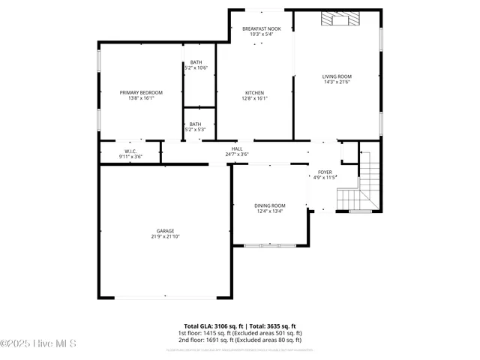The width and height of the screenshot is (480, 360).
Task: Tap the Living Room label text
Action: tap(337, 76)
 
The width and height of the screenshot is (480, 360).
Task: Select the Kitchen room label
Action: tap(254, 93)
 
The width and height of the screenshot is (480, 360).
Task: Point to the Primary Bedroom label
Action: tap(141, 92)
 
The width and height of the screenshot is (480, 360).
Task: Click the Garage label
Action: tap(165, 231)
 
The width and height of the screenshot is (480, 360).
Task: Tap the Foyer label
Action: tap(325, 172)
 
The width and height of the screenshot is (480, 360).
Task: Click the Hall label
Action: tap(237, 149)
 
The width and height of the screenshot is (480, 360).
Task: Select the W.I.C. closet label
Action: tap(130, 151)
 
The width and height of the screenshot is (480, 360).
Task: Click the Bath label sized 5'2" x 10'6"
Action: tap(196, 62)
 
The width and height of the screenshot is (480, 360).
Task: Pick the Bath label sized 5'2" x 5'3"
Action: tap(195, 124)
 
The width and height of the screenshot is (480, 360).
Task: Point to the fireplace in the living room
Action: tap(337, 19)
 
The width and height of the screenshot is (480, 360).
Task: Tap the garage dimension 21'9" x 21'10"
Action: tap(165, 237)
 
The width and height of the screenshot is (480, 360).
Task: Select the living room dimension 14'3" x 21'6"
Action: tap(337, 82)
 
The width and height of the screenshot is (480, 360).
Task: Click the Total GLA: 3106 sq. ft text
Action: tap(209, 325)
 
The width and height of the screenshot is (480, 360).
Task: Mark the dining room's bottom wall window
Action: tap(269, 245)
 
